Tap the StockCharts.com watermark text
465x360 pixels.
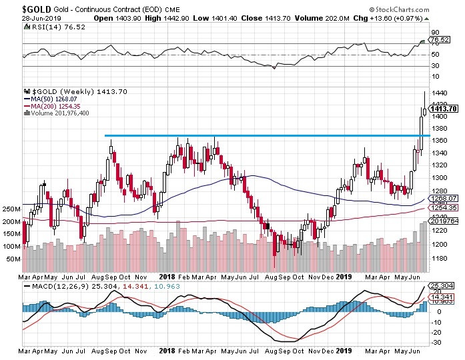tap(425, 7)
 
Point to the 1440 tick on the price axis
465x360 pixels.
tap(439, 93)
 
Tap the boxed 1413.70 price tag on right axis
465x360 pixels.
tap(442, 109)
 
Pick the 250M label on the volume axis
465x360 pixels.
tap(10, 209)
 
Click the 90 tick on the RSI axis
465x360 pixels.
tap(434, 31)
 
